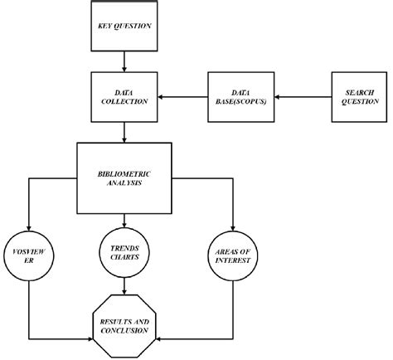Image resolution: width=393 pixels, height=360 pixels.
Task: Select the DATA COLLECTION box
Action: coord(124,97)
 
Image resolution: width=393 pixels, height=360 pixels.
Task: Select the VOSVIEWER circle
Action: coord(30,257)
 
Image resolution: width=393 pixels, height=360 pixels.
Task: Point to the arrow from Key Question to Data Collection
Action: coord(124,59)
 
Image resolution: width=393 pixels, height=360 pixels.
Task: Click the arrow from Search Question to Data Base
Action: coord(296,97)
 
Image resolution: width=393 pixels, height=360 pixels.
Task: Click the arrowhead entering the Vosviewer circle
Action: coord(30,226)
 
